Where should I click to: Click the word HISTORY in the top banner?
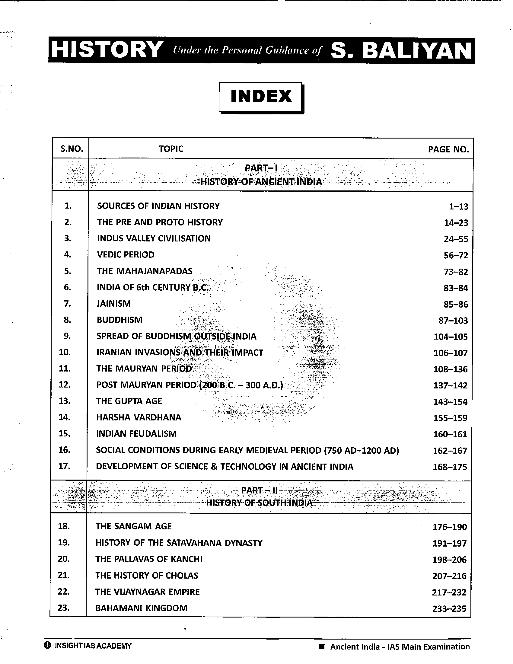106,49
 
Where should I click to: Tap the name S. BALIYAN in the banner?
400,50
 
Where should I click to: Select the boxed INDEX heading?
261,96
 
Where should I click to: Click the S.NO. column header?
72,149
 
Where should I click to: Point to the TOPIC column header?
171,149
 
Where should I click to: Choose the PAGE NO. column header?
448,149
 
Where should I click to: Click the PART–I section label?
261,168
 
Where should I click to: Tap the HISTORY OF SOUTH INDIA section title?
259,503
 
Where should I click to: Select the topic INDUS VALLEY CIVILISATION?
154,238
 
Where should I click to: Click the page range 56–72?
456,255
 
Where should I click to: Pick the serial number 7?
68,303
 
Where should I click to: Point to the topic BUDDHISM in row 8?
119,320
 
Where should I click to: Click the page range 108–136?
451,369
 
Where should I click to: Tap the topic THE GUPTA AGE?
129,401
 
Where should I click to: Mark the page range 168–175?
450,467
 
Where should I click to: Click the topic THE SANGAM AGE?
134,526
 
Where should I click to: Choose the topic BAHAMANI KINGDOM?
141,608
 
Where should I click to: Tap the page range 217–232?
449,592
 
